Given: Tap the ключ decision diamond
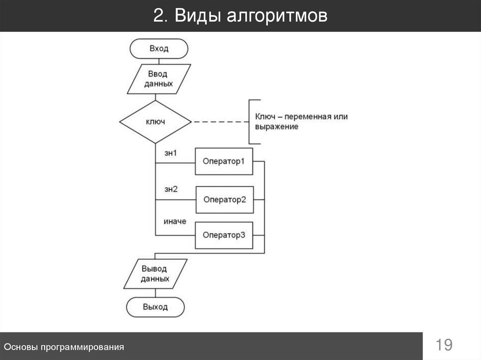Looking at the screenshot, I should (155, 122).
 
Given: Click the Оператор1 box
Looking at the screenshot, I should (224, 161).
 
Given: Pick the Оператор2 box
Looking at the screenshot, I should (225, 199).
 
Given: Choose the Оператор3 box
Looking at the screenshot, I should (224, 235).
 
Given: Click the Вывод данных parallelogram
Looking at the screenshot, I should (155, 273).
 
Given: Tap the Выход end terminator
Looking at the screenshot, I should (155, 307).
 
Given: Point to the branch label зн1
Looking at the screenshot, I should (171, 153).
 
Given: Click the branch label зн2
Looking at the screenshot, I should (171, 190).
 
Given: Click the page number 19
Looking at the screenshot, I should (443, 345).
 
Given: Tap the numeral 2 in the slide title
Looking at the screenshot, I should (158, 16).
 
